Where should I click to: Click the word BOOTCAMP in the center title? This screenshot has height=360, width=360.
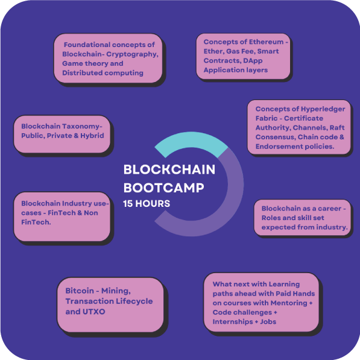point(163,188)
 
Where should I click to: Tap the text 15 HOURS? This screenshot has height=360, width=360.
point(147,204)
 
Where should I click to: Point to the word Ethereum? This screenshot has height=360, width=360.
point(267,42)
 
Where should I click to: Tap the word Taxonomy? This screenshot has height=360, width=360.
point(82,127)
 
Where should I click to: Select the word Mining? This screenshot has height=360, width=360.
point(116,291)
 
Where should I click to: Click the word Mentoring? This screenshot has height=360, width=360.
point(289,303)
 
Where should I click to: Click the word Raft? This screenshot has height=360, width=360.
point(337,127)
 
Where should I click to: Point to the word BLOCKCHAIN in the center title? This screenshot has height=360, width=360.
point(169,169)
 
